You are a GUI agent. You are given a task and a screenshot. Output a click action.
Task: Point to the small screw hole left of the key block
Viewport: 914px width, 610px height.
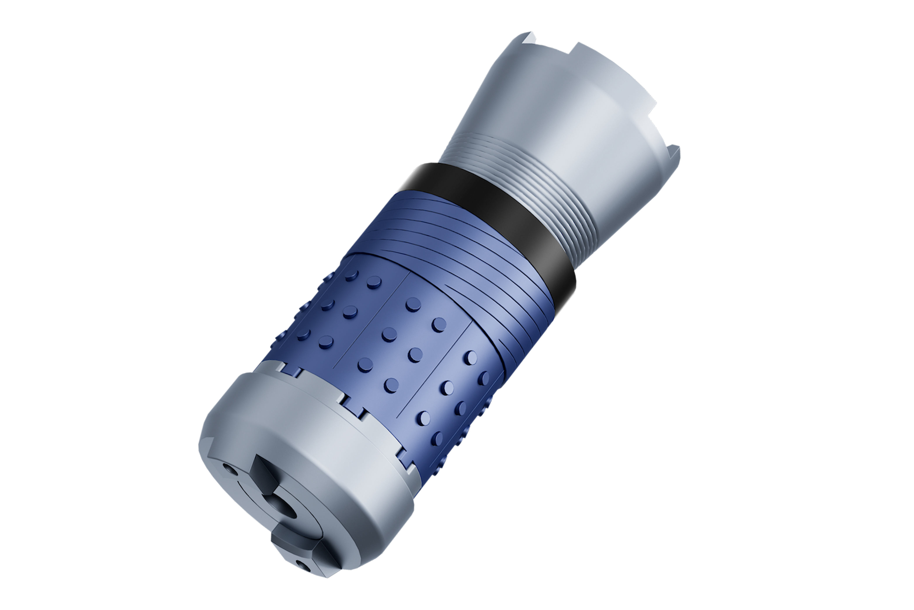click(x=230, y=472)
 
